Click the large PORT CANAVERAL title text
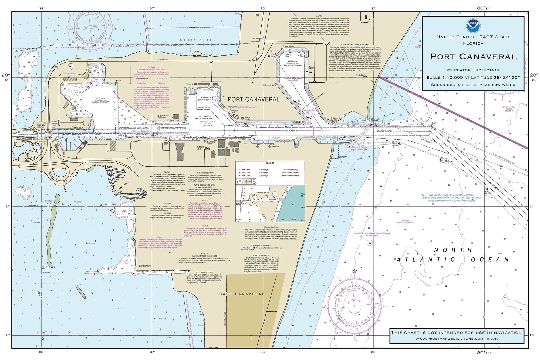pyautogui.click(x=473, y=57)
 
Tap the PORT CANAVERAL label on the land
pyautogui.click(x=254, y=99)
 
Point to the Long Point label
pyautogui.click(x=145, y=266)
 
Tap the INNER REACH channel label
pyautogui.click(x=290, y=131)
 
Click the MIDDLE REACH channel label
pyautogui.click(x=384, y=131)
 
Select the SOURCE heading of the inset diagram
pyautogui.click(x=270, y=163)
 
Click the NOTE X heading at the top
pyautogui.click(x=319, y=16)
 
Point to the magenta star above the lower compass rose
pyautogui.click(x=355, y=271)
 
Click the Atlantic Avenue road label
pyautogui.click(x=225, y=319)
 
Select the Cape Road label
pyautogui.click(x=163, y=60)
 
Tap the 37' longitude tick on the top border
pyautogui.click(x=152, y=8)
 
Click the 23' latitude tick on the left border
pyautogui.click(x=8, y=335)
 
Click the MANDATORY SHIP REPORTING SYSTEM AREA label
pyautogui.click(x=372, y=233)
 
